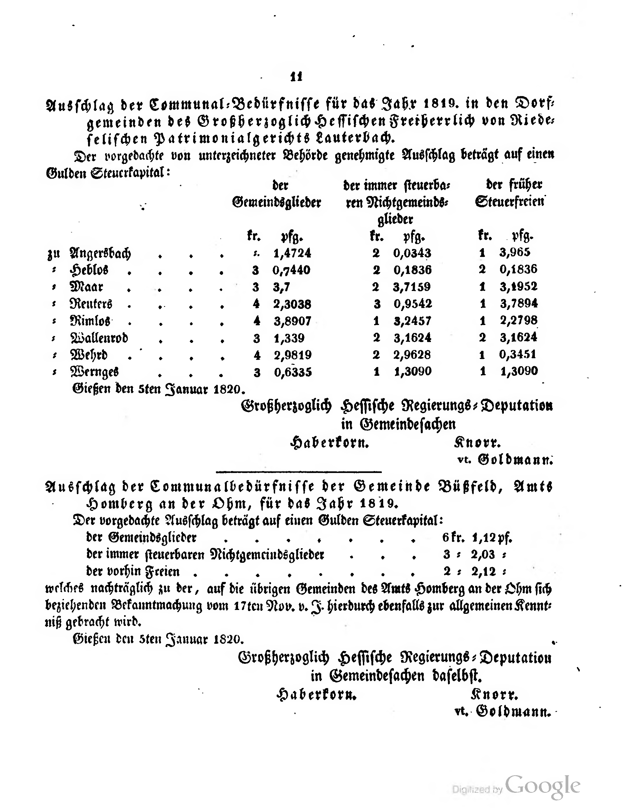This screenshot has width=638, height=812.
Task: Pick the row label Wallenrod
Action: coord(99,338)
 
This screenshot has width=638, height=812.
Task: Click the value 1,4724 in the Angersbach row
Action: coord(292,253)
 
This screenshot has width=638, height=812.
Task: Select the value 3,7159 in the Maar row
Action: coord(412,287)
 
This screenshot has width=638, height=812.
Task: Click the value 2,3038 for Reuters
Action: coord(292,304)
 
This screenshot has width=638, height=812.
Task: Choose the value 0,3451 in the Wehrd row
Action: coord(518,354)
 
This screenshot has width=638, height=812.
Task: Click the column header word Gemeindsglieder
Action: coord(276,203)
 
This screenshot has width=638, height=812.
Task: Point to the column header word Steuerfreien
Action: coord(510,202)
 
